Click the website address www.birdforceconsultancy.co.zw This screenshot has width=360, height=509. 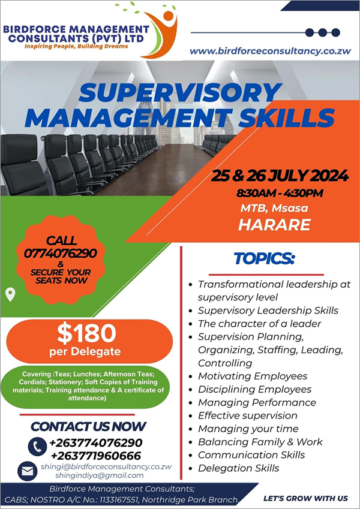click(271, 51)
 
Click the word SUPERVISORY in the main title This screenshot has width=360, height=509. click(179, 92)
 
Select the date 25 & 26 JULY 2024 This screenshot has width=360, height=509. click(280, 176)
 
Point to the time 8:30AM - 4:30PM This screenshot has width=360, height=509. click(280, 193)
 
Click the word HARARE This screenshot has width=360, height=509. click(275, 225)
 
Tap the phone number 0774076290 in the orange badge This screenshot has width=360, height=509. click(61, 253)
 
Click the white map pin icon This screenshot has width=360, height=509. click(10, 295)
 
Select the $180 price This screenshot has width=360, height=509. click(86, 334)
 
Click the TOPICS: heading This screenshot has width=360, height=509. click(264, 258)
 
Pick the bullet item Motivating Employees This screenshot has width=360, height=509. click(253, 377)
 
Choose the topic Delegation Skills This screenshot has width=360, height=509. click(238, 468)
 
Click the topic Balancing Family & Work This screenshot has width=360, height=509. click(260, 442)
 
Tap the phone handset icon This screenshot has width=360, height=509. click(37, 447)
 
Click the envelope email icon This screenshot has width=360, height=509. click(27, 471)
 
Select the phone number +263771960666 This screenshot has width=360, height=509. click(96, 456)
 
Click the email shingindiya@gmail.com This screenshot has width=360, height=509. click(100, 475)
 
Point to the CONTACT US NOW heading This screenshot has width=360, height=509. click(88, 426)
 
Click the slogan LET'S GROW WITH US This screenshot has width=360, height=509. click(306, 499)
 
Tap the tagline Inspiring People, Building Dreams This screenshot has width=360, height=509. click(76, 46)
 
